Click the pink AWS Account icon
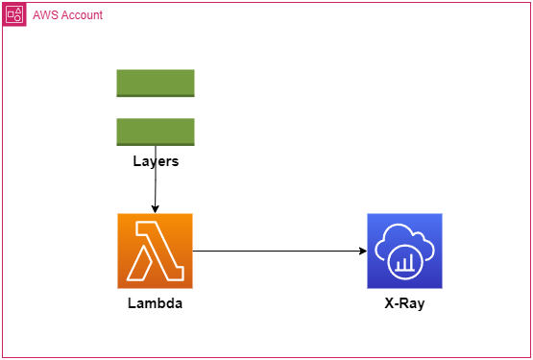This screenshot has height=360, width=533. [x=14, y=14]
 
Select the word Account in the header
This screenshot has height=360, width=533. [x=81, y=15]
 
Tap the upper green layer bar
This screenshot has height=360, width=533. [x=156, y=83]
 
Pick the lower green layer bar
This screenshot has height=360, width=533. [x=156, y=132]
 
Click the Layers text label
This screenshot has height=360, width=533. [x=156, y=161]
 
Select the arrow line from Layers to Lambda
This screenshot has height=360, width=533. [x=156, y=188]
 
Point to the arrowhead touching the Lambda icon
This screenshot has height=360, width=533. [x=156, y=209]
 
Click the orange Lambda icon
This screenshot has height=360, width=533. [x=156, y=251]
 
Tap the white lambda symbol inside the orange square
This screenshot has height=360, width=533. [x=155, y=251]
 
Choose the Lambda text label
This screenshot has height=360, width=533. [x=156, y=303]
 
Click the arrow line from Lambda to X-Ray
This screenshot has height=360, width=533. [x=279, y=252]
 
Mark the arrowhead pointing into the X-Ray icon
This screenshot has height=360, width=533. [x=363, y=252]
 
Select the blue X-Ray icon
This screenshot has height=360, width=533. [x=404, y=251]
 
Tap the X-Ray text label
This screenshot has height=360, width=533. [x=404, y=303]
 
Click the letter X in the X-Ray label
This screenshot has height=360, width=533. [x=389, y=303]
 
